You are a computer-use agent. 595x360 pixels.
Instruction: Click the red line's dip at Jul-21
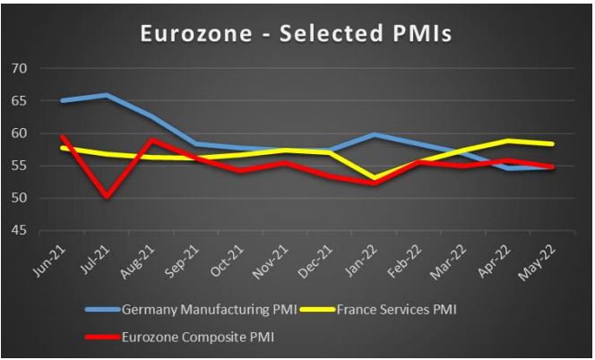tap(107, 197)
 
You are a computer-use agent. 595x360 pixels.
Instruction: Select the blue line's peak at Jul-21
tap(107, 95)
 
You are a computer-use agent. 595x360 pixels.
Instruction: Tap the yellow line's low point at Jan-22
tap(372, 179)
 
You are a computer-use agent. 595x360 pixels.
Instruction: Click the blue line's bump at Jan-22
tap(372, 134)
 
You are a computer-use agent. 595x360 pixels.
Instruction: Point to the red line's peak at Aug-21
tap(151, 140)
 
